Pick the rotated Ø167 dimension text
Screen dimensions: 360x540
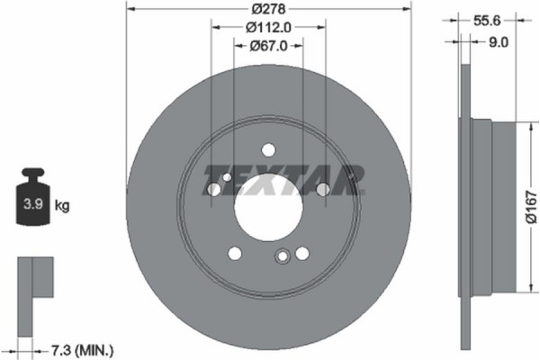click(x=530, y=204)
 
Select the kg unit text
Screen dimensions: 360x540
click(x=62, y=206)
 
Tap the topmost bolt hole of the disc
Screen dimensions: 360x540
click(x=268, y=151)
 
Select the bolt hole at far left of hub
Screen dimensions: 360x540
click(x=214, y=190)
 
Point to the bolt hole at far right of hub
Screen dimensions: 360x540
click(x=322, y=189)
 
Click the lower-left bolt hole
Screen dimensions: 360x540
click(x=235, y=253)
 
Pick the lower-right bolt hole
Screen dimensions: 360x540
click(x=301, y=253)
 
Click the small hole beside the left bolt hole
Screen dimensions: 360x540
click(x=226, y=178)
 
